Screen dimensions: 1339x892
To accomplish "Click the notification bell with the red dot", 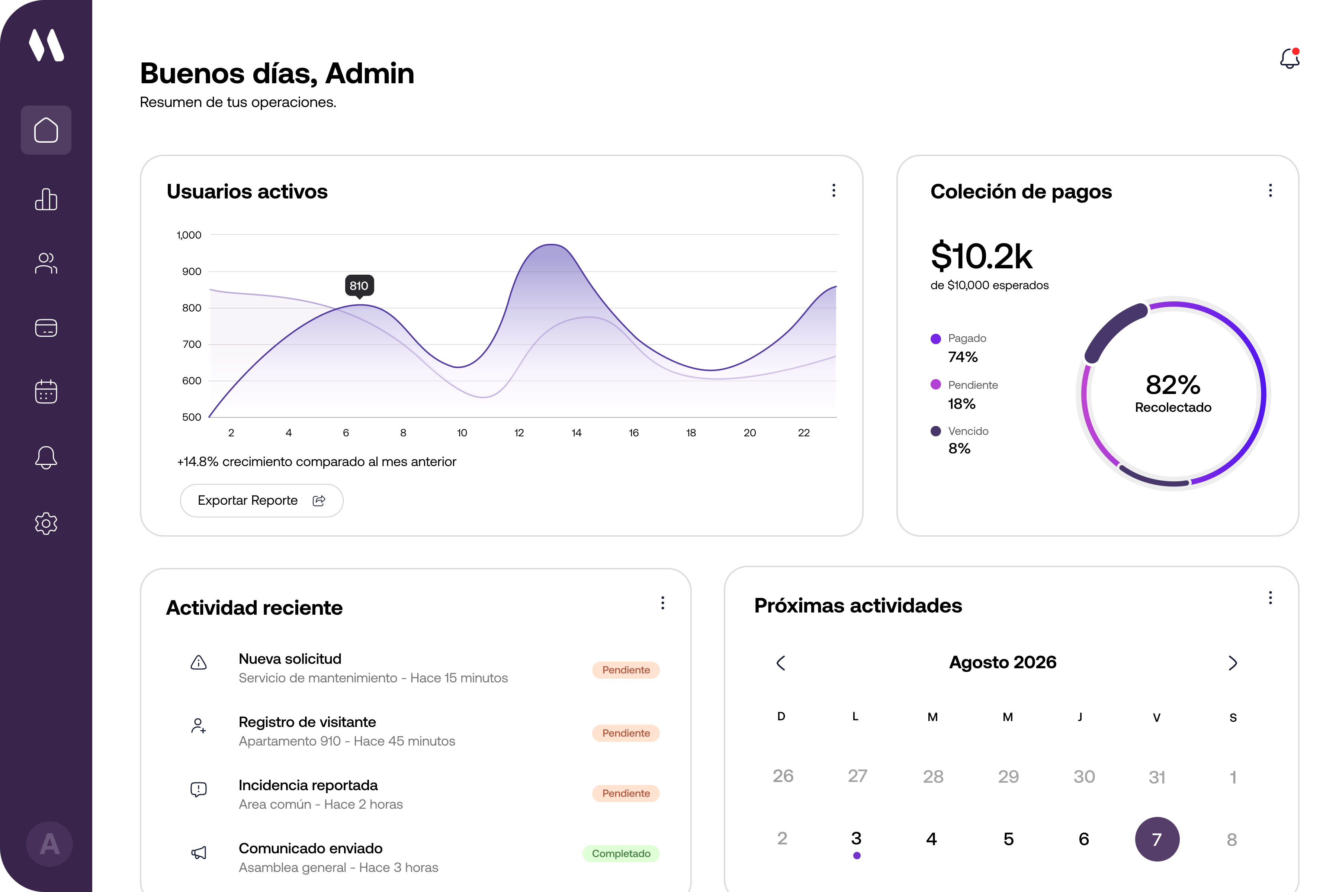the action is click(x=1290, y=59).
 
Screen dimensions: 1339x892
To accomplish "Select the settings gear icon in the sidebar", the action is click(x=46, y=523).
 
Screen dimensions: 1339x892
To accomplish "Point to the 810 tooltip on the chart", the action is click(x=359, y=285).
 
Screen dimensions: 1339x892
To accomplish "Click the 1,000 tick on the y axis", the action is click(x=189, y=235).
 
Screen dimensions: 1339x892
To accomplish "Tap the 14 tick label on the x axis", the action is click(x=577, y=433).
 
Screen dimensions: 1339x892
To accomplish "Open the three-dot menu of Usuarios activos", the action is click(x=834, y=191).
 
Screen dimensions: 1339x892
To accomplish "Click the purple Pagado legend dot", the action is click(x=935, y=339).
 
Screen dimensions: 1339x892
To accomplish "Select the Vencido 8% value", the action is click(x=959, y=449).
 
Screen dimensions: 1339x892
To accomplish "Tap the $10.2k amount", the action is click(x=982, y=256).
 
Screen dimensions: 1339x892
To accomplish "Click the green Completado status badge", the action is click(x=621, y=853).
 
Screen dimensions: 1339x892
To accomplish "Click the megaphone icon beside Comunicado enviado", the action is click(x=199, y=852).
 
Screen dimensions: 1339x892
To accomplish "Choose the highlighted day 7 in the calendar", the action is click(x=1157, y=839).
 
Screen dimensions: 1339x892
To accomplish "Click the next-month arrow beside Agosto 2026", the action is click(x=1233, y=663).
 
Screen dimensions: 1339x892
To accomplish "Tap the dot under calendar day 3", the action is click(x=857, y=856).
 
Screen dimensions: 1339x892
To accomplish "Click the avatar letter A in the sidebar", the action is click(x=49, y=844).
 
